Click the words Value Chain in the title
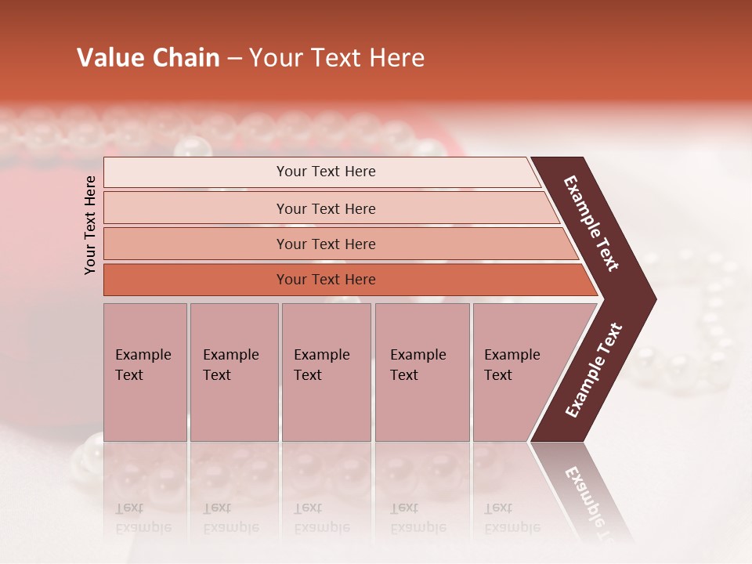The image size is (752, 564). [x=148, y=58]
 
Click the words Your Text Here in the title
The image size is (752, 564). [x=337, y=58]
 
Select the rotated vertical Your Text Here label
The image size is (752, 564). [x=90, y=225]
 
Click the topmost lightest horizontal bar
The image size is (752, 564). [x=326, y=172]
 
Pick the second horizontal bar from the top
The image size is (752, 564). [x=326, y=208]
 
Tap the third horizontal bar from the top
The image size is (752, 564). [x=326, y=244]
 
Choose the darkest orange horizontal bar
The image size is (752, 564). [x=326, y=280]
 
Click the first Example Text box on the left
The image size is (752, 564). [x=145, y=372]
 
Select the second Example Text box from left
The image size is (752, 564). [x=233, y=372]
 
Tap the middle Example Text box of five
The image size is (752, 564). [x=326, y=372]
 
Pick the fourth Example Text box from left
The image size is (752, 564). [x=421, y=372]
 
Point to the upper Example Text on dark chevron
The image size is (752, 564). [x=591, y=222]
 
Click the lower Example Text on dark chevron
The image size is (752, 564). [x=593, y=371]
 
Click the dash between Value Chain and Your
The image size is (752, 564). [x=234, y=59]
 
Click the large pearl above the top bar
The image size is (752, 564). [x=192, y=147]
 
